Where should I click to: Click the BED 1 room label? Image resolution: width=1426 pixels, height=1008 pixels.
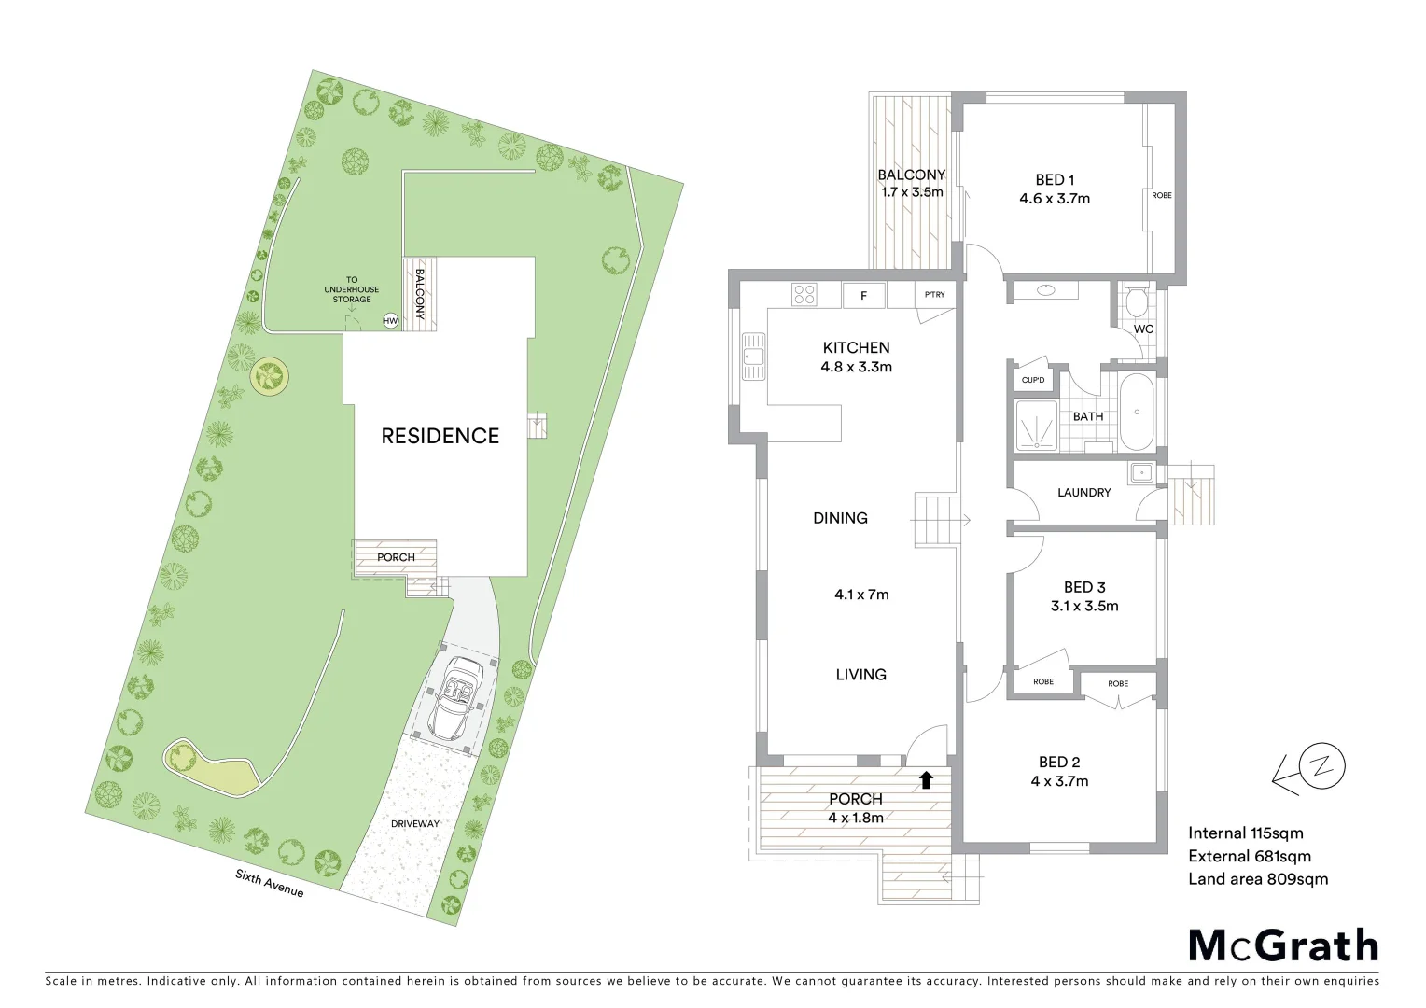click(x=1055, y=180)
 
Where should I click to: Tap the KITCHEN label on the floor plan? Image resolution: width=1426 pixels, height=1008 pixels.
click(x=856, y=347)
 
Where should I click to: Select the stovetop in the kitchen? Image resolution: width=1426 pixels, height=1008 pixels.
click(x=804, y=295)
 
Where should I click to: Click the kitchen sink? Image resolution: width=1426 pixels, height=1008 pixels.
click(x=752, y=356)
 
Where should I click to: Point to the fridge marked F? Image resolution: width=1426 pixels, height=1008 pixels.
click(x=864, y=296)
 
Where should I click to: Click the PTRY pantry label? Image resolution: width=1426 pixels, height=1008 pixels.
click(x=934, y=295)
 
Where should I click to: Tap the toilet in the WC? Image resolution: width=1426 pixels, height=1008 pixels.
click(x=1136, y=302)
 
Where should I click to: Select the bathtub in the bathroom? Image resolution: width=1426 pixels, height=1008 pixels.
click(x=1136, y=412)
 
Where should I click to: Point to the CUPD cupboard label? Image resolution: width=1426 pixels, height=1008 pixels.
click(x=1033, y=380)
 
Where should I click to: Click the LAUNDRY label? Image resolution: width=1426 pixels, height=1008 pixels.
click(x=1083, y=492)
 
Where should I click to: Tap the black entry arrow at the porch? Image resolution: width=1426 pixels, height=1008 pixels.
click(x=926, y=779)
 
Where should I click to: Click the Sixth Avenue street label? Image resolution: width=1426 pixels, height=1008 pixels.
click(x=269, y=883)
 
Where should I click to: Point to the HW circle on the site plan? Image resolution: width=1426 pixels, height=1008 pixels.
click(x=390, y=321)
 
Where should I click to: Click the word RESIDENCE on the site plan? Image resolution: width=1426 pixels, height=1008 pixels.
click(x=440, y=436)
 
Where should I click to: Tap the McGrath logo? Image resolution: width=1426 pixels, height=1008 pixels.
click(x=1283, y=945)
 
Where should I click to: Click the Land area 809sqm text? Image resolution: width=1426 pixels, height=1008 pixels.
click(x=1257, y=878)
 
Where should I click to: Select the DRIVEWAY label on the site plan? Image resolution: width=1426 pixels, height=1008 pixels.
click(x=414, y=823)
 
